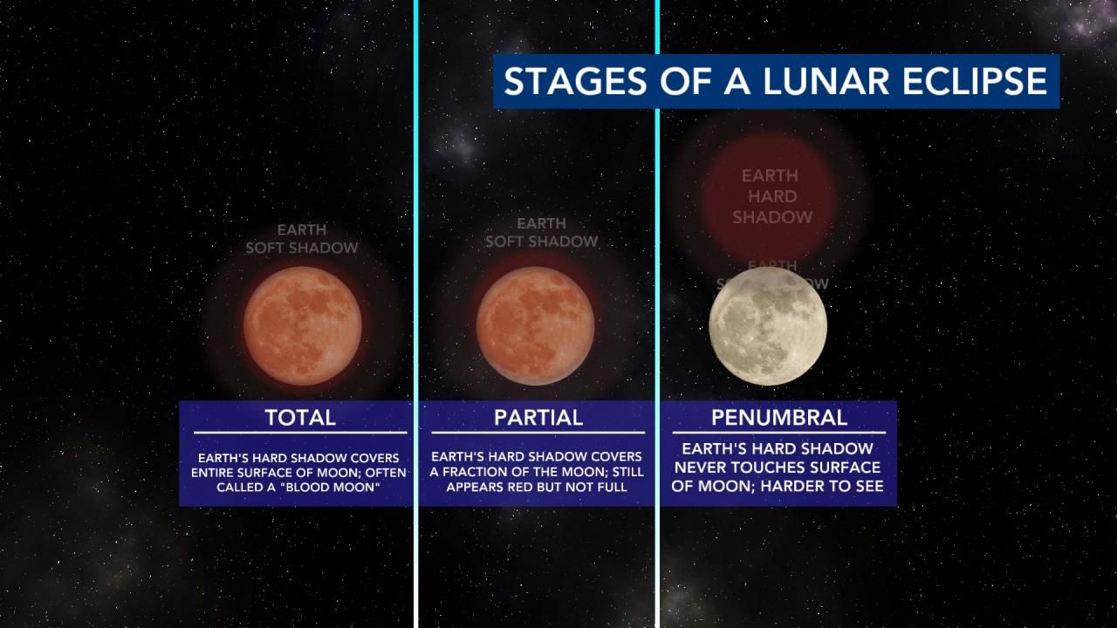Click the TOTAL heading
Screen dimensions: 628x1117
[x=300, y=417]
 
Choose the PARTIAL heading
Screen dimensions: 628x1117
[x=538, y=417]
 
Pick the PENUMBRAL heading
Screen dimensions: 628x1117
[x=779, y=417]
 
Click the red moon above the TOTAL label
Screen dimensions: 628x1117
[x=302, y=325]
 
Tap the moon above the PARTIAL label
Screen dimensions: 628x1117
[x=535, y=325]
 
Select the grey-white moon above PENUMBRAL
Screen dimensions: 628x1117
[x=768, y=325]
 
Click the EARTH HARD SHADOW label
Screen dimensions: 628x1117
[x=772, y=196]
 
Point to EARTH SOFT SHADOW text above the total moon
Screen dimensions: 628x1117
[x=302, y=239]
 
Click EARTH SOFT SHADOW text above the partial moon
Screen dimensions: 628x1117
[x=542, y=233]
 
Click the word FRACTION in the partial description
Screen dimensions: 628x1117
[x=481, y=472]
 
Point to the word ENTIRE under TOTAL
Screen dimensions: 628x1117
[x=218, y=472]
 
